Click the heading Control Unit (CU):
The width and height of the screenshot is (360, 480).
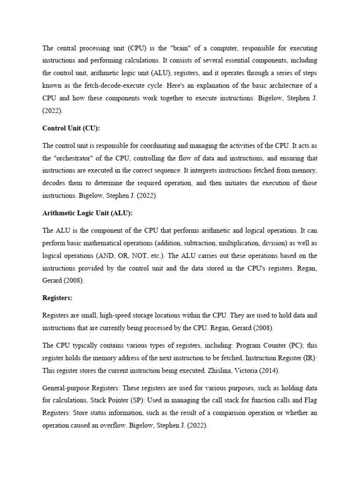point(71,128)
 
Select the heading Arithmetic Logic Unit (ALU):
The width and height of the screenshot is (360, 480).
point(88,213)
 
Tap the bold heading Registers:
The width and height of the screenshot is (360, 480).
point(57,298)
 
